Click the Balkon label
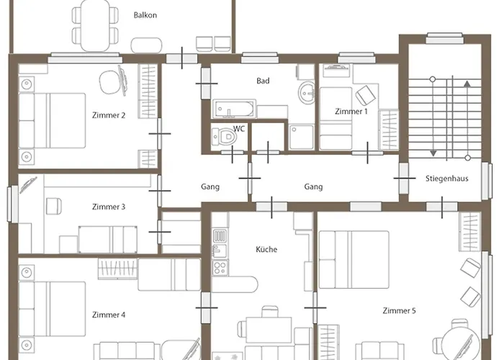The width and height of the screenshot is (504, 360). point(145,15)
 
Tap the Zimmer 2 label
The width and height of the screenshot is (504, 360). point(109,115)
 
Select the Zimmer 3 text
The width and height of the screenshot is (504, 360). point(109,207)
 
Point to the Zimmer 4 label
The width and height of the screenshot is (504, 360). point(109,315)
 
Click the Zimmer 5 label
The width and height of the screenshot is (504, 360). point(398,311)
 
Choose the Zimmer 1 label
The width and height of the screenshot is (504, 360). point(351,112)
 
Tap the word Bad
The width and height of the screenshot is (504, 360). point(263,81)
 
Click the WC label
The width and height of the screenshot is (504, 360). point(239,128)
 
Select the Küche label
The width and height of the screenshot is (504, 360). point(266,250)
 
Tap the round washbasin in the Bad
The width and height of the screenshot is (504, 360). point(307,92)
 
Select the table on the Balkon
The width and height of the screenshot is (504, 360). point(94,22)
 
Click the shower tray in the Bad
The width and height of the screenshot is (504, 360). point(301,138)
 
